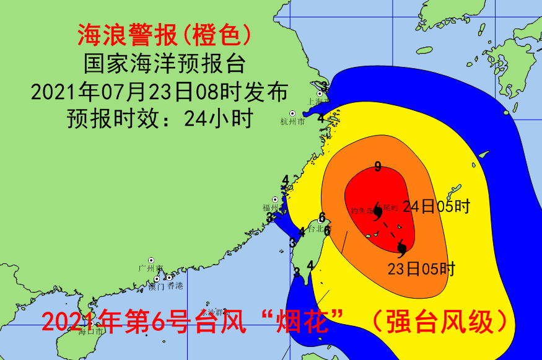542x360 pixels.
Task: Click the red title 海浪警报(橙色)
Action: click(x=164, y=35)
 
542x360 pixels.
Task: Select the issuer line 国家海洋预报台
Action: click(x=164, y=64)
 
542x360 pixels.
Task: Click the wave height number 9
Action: click(x=377, y=166)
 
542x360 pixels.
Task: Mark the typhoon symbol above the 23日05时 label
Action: click(x=401, y=249)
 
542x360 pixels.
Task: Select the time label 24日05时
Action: click(x=437, y=206)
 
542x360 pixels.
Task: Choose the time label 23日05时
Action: click(x=421, y=269)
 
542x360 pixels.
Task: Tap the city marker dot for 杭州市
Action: click(x=292, y=113)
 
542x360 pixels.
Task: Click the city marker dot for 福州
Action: click(x=274, y=200)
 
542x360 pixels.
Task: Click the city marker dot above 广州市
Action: click(x=151, y=260)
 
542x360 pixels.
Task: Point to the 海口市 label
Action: click(x=91, y=331)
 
